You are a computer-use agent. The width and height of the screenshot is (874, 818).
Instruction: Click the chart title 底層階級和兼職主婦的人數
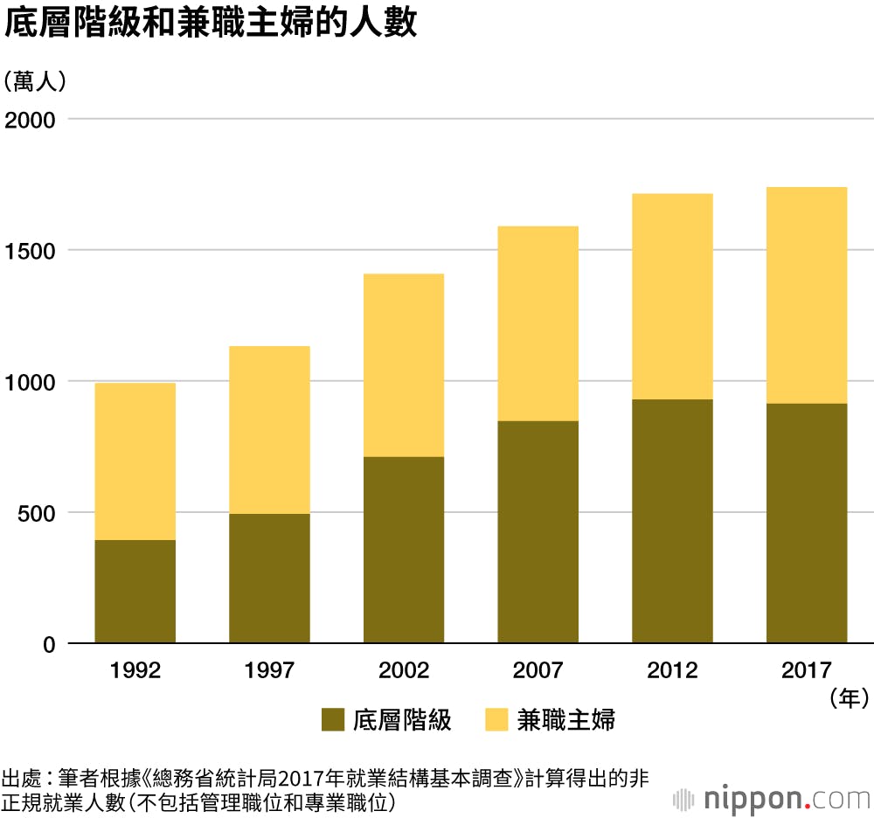pyautogui.click(x=211, y=24)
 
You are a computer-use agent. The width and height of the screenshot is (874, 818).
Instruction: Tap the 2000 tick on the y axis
pyautogui.click(x=31, y=119)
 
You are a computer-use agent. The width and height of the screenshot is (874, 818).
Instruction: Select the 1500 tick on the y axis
pyautogui.click(x=31, y=251)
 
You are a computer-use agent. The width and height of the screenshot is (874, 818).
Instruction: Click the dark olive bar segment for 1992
pyautogui.click(x=135, y=592)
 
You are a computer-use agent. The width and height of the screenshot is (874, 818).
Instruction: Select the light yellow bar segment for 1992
pyautogui.click(x=135, y=461)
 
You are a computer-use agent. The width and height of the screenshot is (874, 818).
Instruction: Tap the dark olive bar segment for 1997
pyautogui.click(x=269, y=579)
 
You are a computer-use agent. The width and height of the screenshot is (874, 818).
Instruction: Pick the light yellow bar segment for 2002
pyautogui.click(x=404, y=365)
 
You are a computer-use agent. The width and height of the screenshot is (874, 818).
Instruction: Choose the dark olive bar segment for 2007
pyautogui.click(x=538, y=532)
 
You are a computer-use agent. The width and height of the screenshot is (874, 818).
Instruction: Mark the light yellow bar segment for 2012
pyautogui.click(x=672, y=296)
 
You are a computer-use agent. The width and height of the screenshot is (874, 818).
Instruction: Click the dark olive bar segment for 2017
pyautogui.click(x=807, y=523)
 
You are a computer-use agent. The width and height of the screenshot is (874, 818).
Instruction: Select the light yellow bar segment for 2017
pyautogui.click(x=807, y=295)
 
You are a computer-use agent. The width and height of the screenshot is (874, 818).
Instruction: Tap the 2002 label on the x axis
pyautogui.click(x=404, y=671)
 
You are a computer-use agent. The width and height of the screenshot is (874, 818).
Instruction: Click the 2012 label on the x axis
pyautogui.click(x=672, y=671)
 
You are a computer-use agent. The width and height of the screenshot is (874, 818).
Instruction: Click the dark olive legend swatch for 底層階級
pyautogui.click(x=334, y=720)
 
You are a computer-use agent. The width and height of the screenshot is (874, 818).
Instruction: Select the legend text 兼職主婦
pyautogui.click(x=565, y=720)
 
